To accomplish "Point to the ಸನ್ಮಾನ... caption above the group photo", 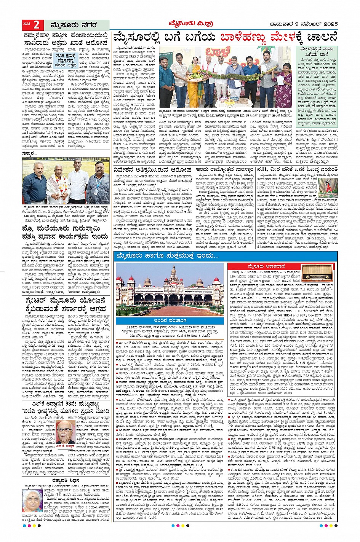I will (x=30, y=153).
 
